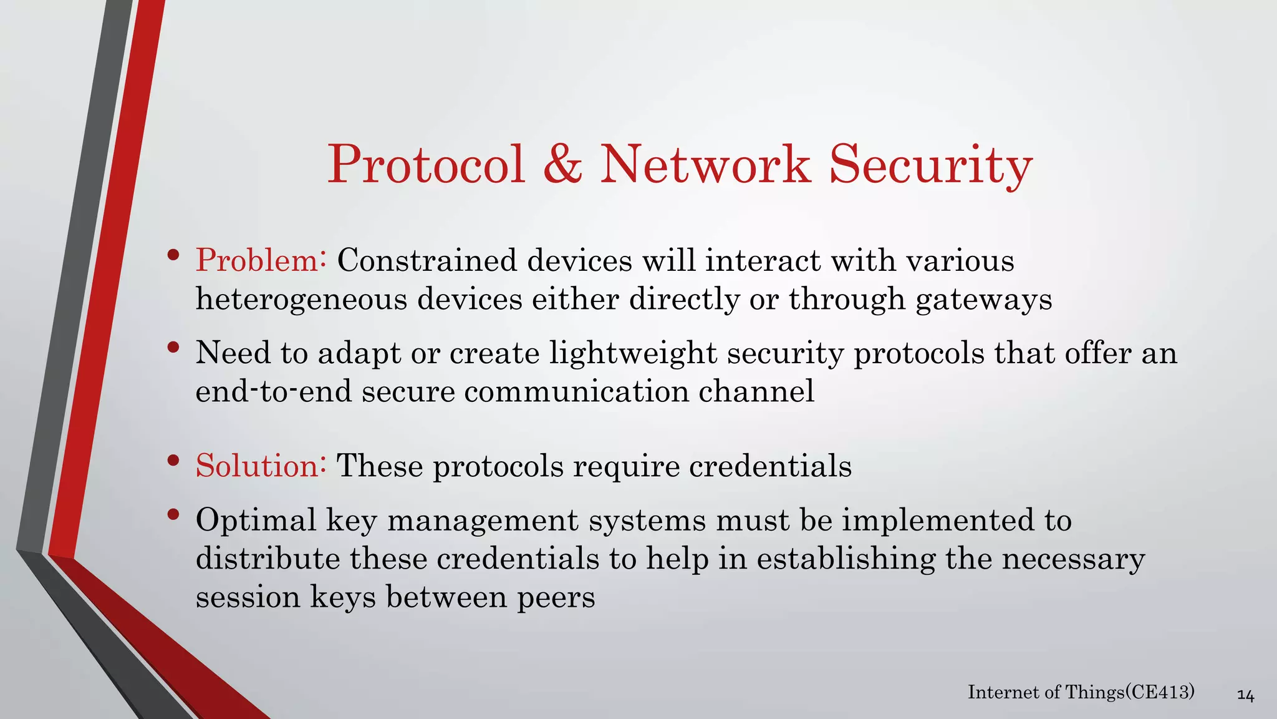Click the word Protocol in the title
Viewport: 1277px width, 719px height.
click(426, 165)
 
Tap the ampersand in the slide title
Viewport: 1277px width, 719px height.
click(562, 165)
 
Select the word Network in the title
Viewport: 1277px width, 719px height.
click(705, 165)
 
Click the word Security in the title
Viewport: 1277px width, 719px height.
click(930, 165)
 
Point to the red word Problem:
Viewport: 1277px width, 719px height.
click(261, 260)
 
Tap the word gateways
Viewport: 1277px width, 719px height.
click(983, 299)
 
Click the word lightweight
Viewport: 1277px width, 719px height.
click(633, 353)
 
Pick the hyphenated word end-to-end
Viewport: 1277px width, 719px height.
click(273, 391)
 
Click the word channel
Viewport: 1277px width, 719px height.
click(756, 391)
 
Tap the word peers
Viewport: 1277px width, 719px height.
click(556, 597)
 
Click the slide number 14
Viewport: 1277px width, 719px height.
click(1245, 695)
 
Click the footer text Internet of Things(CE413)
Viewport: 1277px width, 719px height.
click(1081, 692)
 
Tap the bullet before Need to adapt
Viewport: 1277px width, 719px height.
click(173, 347)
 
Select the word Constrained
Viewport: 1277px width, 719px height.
click(427, 260)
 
